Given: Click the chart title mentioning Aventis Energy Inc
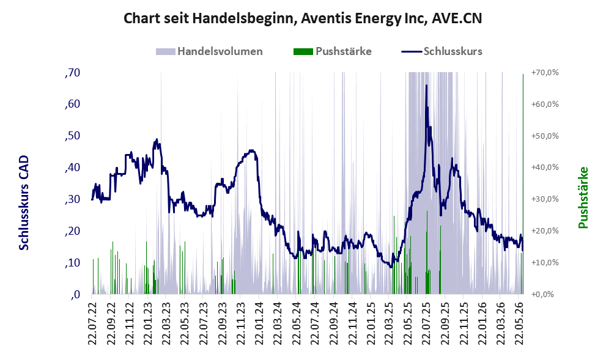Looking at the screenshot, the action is pyautogui.click(x=303, y=18).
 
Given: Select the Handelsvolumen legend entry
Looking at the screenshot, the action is pyautogui.click(x=209, y=51).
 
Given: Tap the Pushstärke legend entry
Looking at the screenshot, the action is pyautogui.click(x=333, y=51).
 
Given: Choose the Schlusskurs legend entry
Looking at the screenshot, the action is pyautogui.click(x=442, y=51).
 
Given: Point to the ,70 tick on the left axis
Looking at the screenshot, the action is pyautogui.click(x=73, y=73).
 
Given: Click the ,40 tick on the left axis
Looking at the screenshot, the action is pyautogui.click(x=73, y=167).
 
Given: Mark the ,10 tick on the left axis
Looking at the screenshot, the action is pyautogui.click(x=73, y=263).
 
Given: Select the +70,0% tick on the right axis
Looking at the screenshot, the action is pyautogui.click(x=545, y=73).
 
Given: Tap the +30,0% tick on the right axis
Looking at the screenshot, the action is pyautogui.click(x=545, y=199).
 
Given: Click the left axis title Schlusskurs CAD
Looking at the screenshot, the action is pyautogui.click(x=24, y=202).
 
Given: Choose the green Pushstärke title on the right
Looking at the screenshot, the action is pyautogui.click(x=583, y=197).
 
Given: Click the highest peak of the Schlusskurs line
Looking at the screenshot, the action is pyautogui.click(x=426, y=86).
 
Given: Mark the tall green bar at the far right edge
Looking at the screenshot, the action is pyautogui.click(x=523, y=184).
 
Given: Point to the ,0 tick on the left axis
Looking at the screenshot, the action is pyautogui.click(x=75, y=295).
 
